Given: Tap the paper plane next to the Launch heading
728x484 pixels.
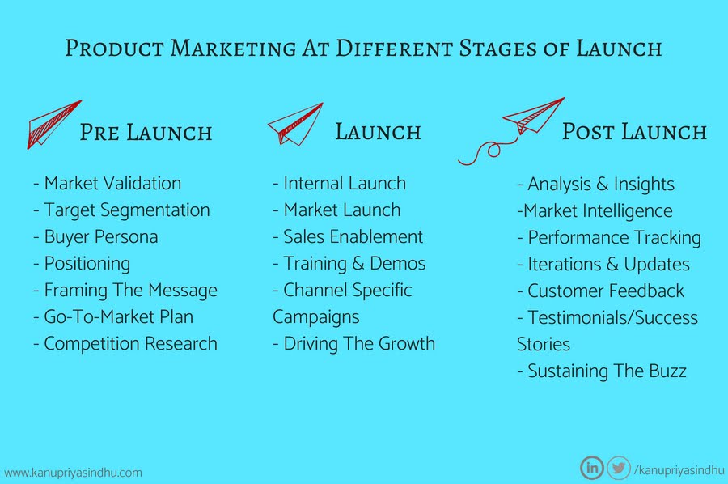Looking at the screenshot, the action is pyautogui.click(x=295, y=124).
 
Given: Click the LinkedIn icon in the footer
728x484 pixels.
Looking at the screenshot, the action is pyautogui.click(x=592, y=467).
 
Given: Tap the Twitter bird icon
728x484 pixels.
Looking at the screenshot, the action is pyautogui.click(x=619, y=467).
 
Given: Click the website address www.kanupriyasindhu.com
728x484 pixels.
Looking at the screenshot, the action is pyautogui.click(x=73, y=473).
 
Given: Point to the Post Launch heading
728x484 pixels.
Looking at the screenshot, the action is pyautogui.click(x=634, y=132).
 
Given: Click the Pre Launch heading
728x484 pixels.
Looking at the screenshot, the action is pyautogui.click(x=146, y=133).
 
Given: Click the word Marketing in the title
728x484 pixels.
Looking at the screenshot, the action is pyautogui.click(x=233, y=49).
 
